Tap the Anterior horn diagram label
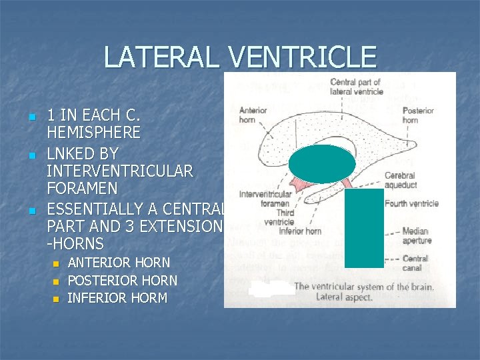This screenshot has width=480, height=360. click(x=253, y=115)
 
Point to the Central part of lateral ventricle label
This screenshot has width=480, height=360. click(x=356, y=87)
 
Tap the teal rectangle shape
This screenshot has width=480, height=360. click(x=364, y=228)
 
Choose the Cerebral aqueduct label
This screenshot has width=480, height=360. click(x=400, y=181)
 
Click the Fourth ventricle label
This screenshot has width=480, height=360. click(x=411, y=203)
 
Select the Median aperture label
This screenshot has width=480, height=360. click(x=417, y=236)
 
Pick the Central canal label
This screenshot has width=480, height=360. click(x=415, y=263)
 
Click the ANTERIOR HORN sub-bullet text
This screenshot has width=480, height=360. click(x=119, y=263)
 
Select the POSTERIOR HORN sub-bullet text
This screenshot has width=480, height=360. click(x=123, y=281)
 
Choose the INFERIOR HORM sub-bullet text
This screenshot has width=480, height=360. click(x=117, y=298)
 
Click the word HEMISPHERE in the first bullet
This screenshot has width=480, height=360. click(x=93, y=133)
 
